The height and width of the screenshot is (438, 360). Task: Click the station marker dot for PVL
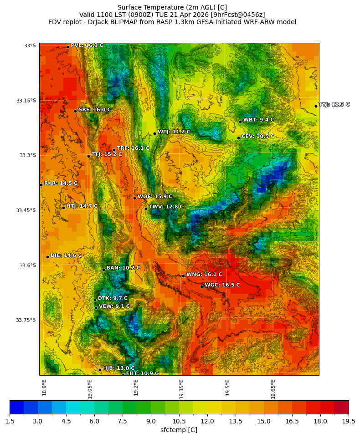coord(67,47)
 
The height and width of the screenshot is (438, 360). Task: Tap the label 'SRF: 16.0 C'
coord(94,110)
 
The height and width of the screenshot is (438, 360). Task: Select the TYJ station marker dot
coord(316,106)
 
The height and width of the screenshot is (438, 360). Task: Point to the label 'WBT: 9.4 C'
coord(258,120)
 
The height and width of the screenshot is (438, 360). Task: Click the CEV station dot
coord(238,138)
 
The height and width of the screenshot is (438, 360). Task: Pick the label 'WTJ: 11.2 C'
coord(174,132)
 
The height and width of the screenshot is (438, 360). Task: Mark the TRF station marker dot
coord(114,150)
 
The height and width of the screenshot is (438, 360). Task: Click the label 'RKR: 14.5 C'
coord(61,183)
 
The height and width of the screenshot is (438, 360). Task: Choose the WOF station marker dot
coord(134,198)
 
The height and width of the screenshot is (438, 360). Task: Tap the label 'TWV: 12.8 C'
coord(166,207)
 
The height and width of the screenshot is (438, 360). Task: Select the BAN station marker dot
coord(103,270)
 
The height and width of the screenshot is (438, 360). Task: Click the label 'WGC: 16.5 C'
coord(222,285)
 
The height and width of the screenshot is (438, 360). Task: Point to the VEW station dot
coord(96,308)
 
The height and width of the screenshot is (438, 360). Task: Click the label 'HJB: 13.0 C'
coord(118,368)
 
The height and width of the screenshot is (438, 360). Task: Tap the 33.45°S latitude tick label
coord(26,210)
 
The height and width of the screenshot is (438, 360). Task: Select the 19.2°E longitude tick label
coord(136,387)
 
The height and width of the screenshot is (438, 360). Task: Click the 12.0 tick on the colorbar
coord(207,422)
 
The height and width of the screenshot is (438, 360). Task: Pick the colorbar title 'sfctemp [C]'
coord(179,430)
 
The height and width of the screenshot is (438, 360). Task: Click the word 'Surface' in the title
coord(129,7)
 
